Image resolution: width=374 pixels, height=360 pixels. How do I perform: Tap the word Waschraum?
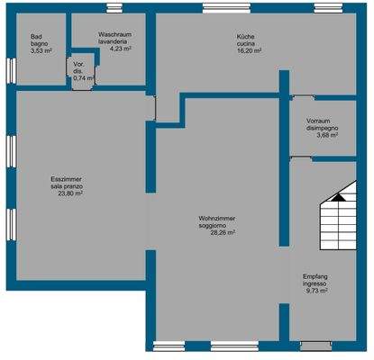click(116, 34)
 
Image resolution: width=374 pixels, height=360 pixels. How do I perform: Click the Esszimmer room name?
click(67, 179)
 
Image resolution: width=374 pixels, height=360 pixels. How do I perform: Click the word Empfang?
click(315, 276)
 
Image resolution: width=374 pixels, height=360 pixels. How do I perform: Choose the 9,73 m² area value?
click(315, 292)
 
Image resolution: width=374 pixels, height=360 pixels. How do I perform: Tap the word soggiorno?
click(217, 225)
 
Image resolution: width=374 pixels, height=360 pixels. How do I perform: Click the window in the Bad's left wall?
click(10, 69)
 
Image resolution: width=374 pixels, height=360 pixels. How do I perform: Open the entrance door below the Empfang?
click(315, 346)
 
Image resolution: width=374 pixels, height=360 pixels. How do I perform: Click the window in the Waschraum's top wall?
click(115, 9)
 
